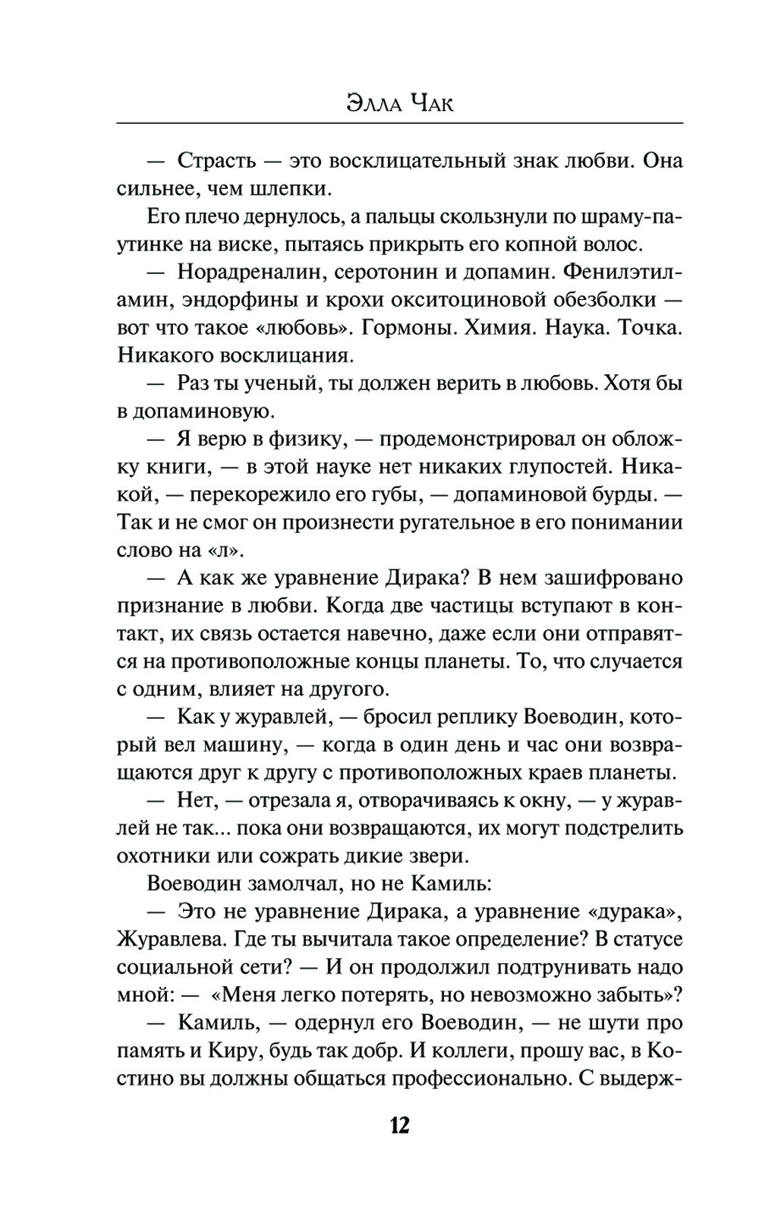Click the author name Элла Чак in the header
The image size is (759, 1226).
tap(399, 103)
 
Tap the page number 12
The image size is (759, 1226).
tap(399, 1124)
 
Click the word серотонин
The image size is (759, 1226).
tap(409, 272)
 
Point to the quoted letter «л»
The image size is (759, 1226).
tap(229, 550)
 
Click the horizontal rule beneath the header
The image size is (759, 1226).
tap(399, 123)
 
